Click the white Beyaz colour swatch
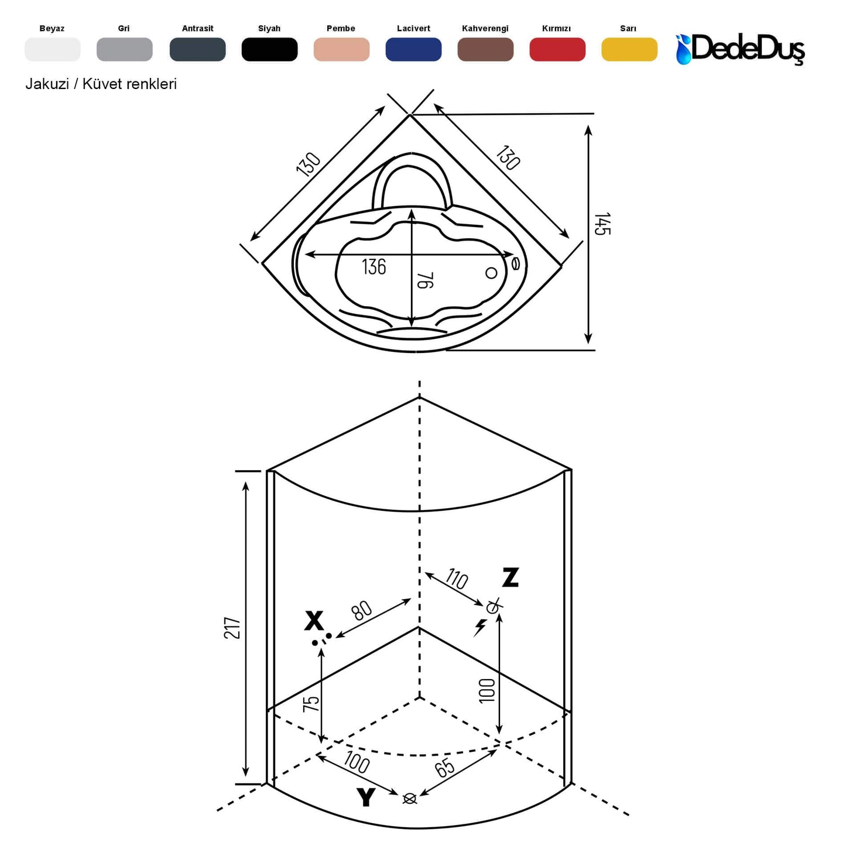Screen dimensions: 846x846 tap(53, 49)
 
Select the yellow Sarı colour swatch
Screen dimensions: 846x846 tap(629, 49)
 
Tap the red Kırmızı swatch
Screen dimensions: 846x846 tap(557, 49)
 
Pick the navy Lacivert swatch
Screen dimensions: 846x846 tap(413, 49)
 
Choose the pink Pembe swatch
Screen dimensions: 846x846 tap(341, 49)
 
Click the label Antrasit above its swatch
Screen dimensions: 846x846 tap(197, 29)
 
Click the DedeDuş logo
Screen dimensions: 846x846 tap(740, 49)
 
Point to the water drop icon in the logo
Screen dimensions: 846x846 tap(683, 50)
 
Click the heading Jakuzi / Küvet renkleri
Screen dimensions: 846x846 tap(101, 84)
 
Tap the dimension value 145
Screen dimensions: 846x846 tap(602, 224)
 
